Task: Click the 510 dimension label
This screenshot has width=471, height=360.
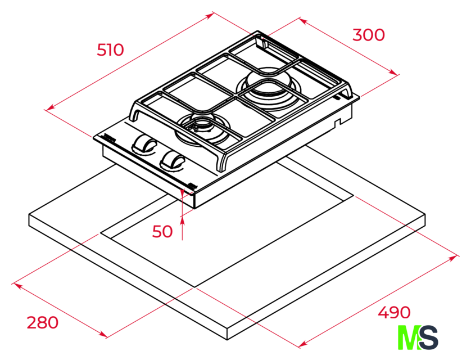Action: pyautogui.click(x=110, y=50)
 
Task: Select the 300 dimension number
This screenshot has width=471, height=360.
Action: pyautogui.click(x=369, y=35)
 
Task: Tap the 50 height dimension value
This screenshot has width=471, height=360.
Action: pyautogui.click(x=162, y=231)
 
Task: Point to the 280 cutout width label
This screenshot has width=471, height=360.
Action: pyautogui.click(x=43, y=322)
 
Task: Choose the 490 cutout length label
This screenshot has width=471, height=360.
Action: pyautogui.click(x=394, y=313)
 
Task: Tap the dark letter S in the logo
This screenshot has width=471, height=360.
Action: pyautogui.click(x=429, y=337)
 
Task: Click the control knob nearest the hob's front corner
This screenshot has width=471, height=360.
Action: pyautogui.click(x=173, y=162)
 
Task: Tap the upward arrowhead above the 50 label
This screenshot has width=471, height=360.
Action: pyautogui.click(x=182, y=221)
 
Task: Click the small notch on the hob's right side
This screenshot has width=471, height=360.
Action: pyautogui.click(x=338, y=122)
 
